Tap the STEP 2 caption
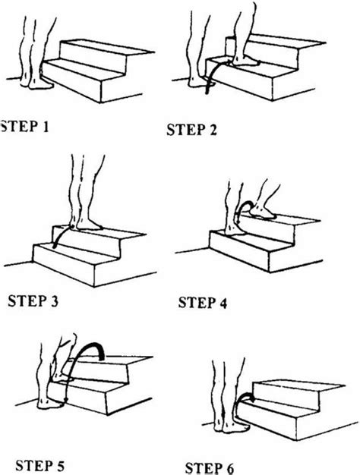pos(191,129)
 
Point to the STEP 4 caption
pos(204,304)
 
